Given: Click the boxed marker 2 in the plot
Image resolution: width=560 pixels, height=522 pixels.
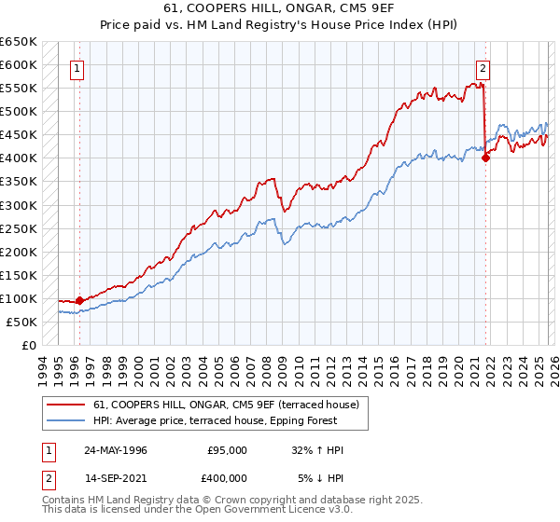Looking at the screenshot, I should point(483,67).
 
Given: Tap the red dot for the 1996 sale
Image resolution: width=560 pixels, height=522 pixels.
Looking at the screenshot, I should point(80,300).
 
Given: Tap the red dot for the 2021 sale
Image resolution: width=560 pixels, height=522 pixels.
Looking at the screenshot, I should point(486,158).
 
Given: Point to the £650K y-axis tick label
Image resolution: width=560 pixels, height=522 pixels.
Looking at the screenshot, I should point(19,42).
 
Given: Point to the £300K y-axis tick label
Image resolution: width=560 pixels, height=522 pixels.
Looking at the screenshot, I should point(19,205).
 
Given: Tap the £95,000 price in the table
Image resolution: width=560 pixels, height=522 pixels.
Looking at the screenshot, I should point(227,450).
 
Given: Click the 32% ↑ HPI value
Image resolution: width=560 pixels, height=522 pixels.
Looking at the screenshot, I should point(317,450).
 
